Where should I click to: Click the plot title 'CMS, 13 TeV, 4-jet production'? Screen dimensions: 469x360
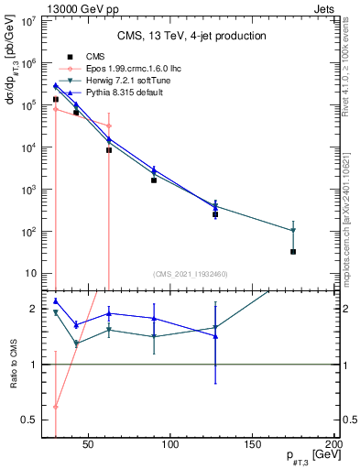pyautogui.click(x=191, y=36)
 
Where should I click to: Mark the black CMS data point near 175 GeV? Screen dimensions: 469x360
pyautogui.click(x=293, y=251)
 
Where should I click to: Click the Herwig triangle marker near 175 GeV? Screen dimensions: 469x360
pyautogui.click(x=293, y=230)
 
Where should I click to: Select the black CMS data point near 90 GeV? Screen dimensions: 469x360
pyautogui.click(x=154, y=180)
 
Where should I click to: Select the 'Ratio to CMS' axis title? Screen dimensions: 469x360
pyautogui.click(x=14, y=365)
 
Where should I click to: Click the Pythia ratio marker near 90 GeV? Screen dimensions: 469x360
pyautogui.click(x=154, y=319)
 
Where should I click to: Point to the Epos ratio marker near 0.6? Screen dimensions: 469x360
pyautogui.click(x=56, y=407)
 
